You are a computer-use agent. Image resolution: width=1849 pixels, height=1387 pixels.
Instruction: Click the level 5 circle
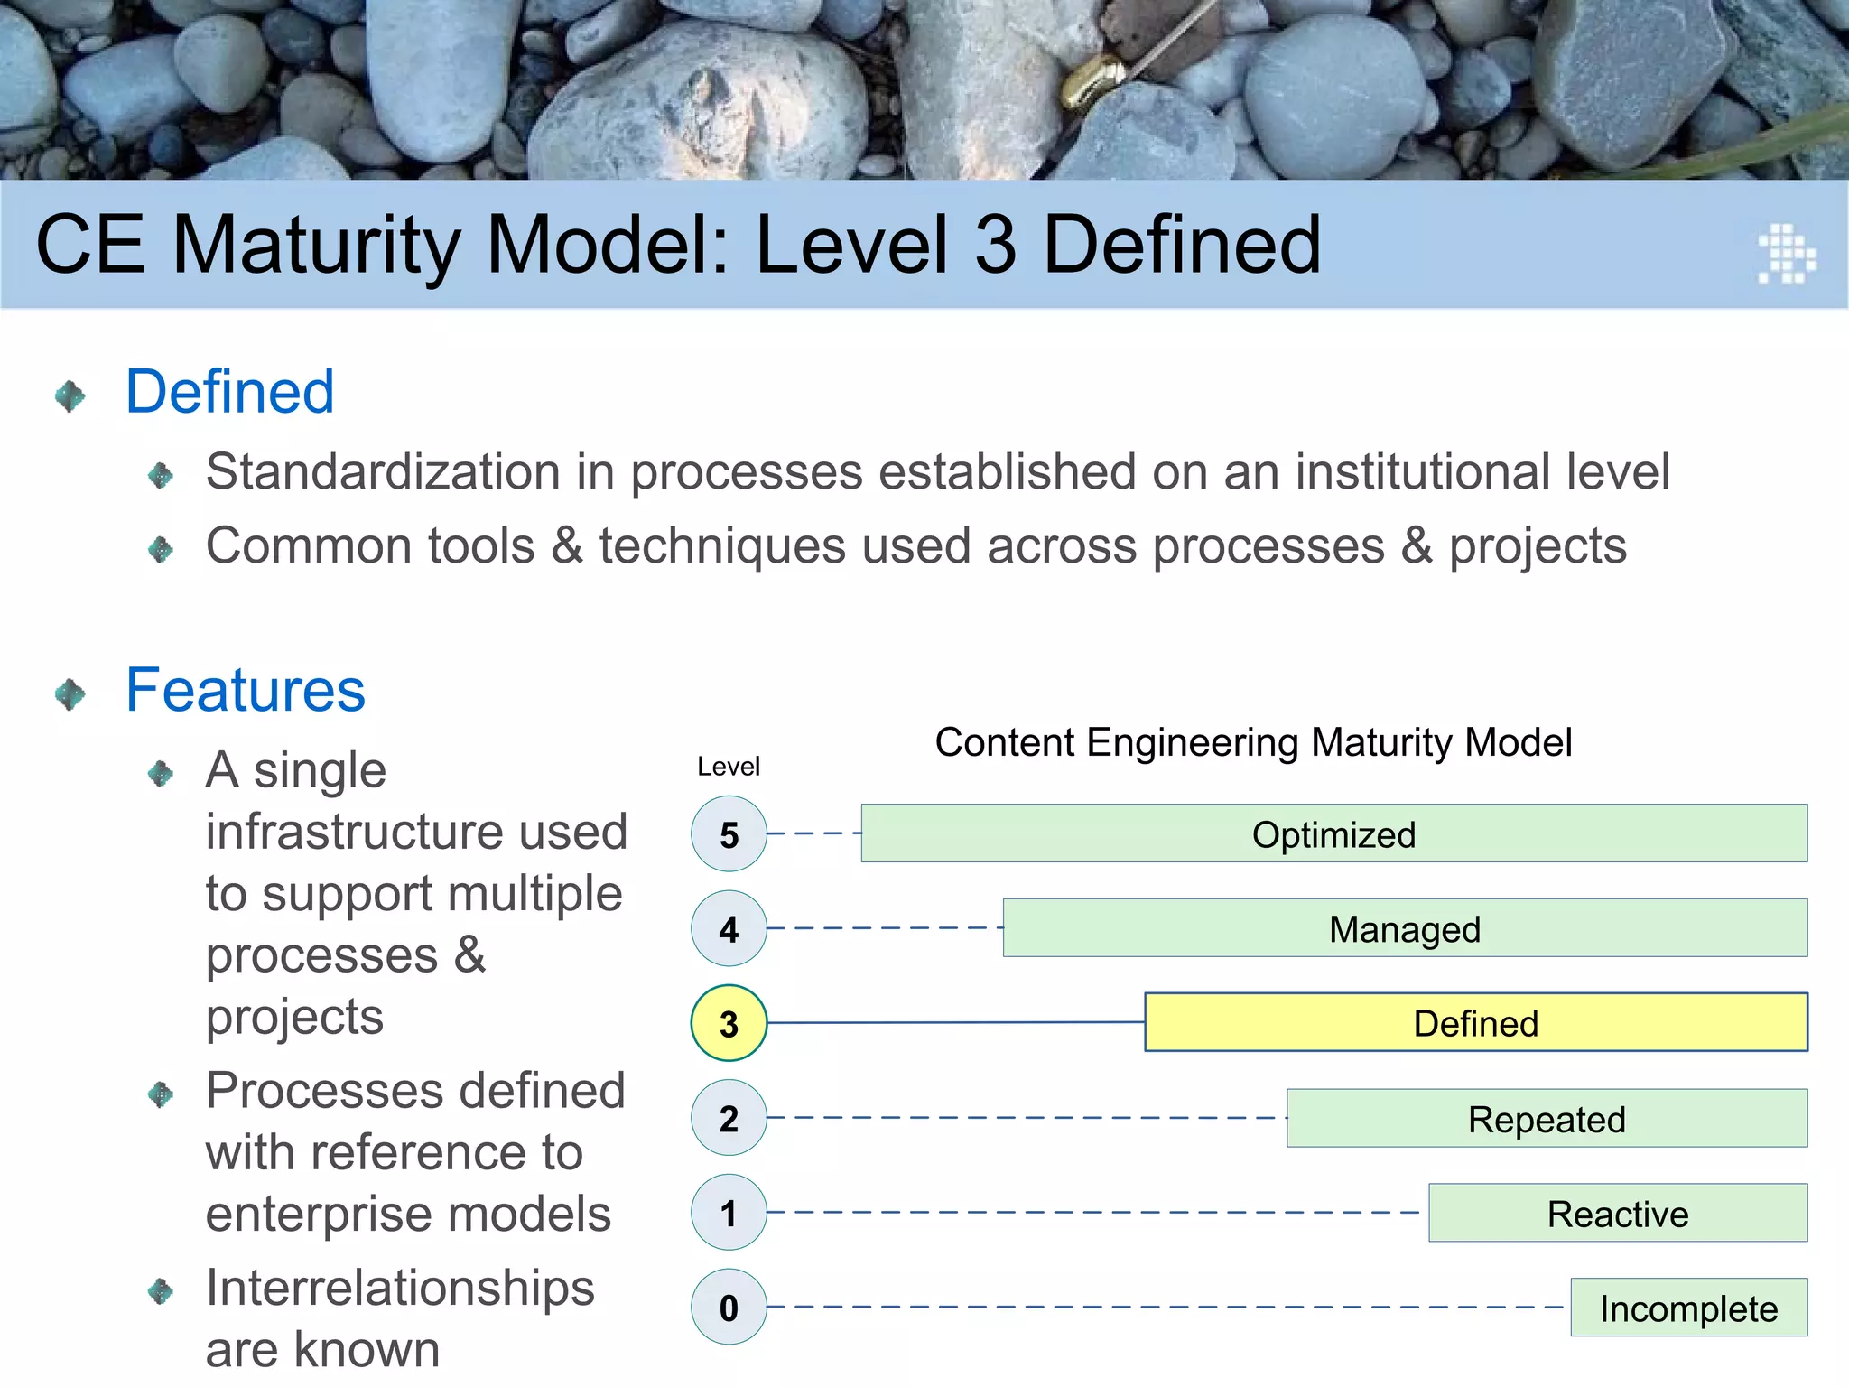coord(729,833)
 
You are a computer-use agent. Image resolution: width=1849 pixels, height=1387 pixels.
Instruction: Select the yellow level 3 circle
coord(729,1023)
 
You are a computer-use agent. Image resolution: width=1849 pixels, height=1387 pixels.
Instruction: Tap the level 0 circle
coord(729,1307)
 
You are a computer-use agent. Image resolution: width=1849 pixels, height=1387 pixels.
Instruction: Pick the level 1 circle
coord(729,1213)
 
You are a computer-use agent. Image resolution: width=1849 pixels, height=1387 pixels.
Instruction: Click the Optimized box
coord(1333,833)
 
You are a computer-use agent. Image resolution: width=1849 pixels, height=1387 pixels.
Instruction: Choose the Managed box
coord(1405,928)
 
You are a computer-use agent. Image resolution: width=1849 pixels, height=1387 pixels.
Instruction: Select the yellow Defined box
coord(1475,1023)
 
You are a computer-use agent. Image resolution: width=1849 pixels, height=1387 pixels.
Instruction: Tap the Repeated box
coord(1547,1119)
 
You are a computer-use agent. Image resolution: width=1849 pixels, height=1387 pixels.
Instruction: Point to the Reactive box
coord(1617,1213)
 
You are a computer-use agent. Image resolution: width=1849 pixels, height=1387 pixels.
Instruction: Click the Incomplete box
coord(1688,1308)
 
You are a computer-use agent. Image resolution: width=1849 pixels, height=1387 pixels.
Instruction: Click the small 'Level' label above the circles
coord(728,767)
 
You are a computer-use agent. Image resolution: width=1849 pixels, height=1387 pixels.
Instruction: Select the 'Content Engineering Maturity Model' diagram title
coord(1253,742)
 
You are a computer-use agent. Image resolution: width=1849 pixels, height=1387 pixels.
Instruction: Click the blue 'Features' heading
coord(246,690)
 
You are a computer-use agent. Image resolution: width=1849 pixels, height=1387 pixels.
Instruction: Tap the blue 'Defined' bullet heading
coord(229,392)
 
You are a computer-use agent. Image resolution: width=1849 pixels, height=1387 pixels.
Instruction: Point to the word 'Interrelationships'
coord(400,1288)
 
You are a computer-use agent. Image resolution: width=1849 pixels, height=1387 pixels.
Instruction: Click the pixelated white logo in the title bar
coord(1786,254)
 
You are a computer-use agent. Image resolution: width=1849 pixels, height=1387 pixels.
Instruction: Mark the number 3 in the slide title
coord(996,245)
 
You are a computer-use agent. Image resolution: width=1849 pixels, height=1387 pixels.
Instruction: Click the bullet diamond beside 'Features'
coord(70,694)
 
